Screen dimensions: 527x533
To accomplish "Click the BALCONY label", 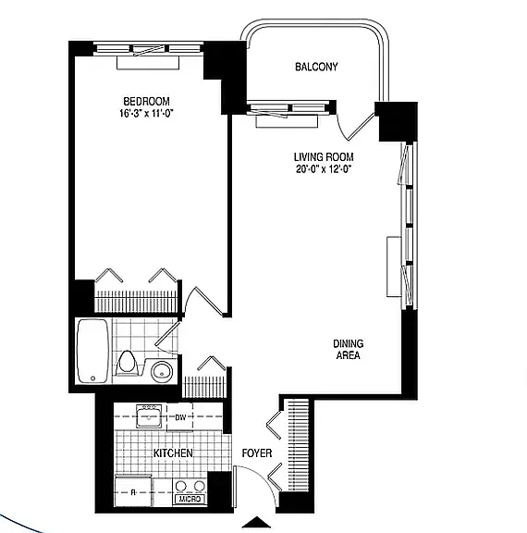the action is pos(316,67).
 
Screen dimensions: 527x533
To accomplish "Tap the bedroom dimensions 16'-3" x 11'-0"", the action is pos(146,113).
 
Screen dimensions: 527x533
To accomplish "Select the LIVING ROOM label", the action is pos(324,157).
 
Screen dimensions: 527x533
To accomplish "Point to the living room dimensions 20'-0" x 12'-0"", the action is pos(323,169).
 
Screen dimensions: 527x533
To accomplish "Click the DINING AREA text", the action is pos(348,350).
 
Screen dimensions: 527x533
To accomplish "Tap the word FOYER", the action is pos(257,453).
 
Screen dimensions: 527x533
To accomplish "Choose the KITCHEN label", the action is pos(173,453).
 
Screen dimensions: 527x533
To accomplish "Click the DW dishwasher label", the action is pos(180,417).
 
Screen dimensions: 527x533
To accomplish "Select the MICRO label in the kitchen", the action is pos(190,499).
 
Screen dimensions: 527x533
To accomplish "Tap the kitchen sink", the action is pos(149,416).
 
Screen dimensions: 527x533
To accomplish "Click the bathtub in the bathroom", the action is pos(92,351).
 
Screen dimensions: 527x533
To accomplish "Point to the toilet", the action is pos(127,363).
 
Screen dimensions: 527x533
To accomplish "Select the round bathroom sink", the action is pos(162,371).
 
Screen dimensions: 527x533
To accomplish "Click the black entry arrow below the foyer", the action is pos(258,522).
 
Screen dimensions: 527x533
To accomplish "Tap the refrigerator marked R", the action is pos(133,491).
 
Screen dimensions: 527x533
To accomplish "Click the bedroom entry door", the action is pos(203,301).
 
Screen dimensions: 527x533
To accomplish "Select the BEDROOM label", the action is pos(146,101).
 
